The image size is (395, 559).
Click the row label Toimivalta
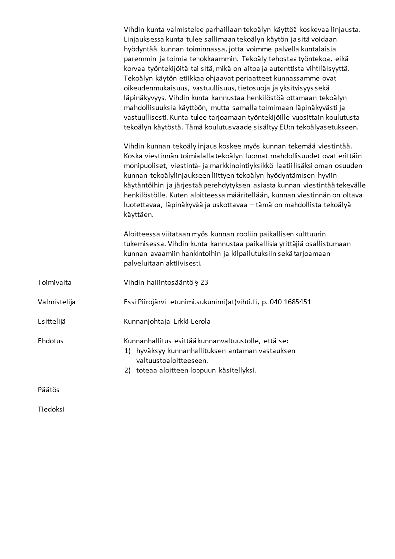click(x=54, y=282)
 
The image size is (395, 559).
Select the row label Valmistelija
click(x=56, y=302)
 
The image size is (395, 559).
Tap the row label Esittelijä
click(x=52, y=321)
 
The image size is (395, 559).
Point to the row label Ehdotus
click(x=50, y=341)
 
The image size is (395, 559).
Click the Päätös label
click(x=48, y=389)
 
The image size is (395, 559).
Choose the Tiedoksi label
click(x=51, y=409)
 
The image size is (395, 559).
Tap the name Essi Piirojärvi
click(x=145, y=302)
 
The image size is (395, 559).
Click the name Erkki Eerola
click(x=192, y=321)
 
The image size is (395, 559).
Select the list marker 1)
click(x=128, y=351)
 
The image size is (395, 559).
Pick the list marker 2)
click(x=128, y=370)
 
